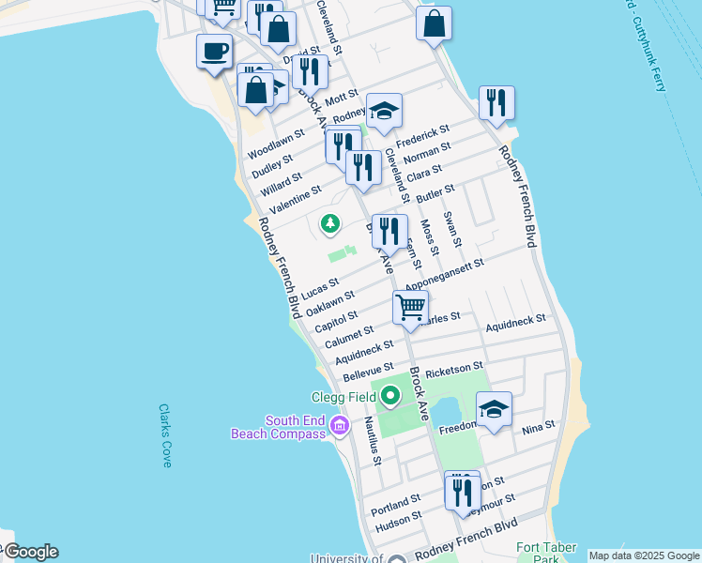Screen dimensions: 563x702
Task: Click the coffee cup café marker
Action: point(214,51)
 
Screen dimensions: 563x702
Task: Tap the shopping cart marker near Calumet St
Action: point(411,307)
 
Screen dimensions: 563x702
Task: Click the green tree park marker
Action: point(329,223)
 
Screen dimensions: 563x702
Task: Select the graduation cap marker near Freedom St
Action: point(494,409)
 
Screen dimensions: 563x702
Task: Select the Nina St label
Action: point(539,429)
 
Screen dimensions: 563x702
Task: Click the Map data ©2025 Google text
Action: point(644,555)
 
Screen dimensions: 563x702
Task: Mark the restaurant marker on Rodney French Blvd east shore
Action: point(496,103)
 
